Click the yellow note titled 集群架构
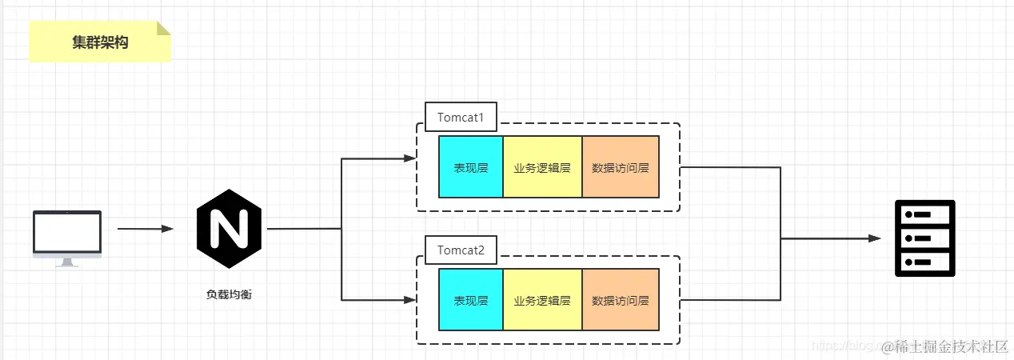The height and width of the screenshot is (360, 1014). [x=100, y=42]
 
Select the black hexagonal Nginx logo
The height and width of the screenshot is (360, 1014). [x=229, y=229]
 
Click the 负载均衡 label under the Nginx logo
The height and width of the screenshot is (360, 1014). [x=230, y=294]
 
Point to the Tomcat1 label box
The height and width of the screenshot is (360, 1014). [x=460, y=118]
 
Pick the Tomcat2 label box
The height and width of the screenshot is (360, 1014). [x=460, y=250]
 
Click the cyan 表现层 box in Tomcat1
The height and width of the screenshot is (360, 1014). [x=471, y=167]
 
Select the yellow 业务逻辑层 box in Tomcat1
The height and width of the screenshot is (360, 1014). [x=542, y=167]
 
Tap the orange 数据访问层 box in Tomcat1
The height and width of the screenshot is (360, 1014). [x=621, y=167]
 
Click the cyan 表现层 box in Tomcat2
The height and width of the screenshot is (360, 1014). [x=471, y=300]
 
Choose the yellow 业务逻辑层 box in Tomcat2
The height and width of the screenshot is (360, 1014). [x=542, y=300]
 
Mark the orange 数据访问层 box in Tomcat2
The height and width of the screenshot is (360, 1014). [x=621, y=300]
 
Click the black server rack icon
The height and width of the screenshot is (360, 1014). [x=924, y=238]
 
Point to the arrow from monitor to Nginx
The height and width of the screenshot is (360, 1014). [x=145, y=229]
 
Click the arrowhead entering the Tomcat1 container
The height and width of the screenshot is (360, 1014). [x=410, y=158]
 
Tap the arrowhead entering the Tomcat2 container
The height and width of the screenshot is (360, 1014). [x=410, y=300]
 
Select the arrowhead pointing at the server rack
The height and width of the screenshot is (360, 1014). [x=875, y=238]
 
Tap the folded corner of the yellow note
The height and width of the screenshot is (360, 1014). [x=164, y=28]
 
